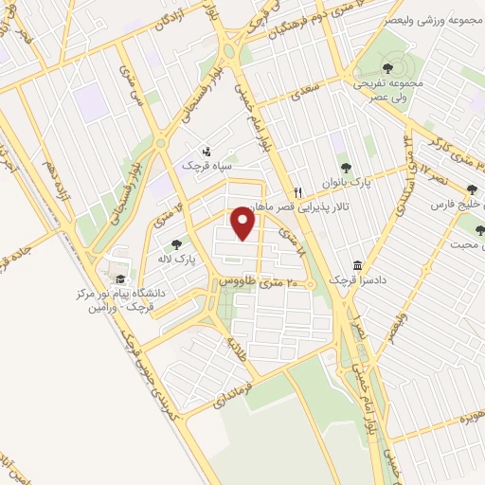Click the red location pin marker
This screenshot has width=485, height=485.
[244, 224]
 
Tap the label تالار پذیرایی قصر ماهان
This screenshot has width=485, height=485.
[284, 207]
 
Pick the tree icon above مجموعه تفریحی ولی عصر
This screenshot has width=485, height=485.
[388, 67]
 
